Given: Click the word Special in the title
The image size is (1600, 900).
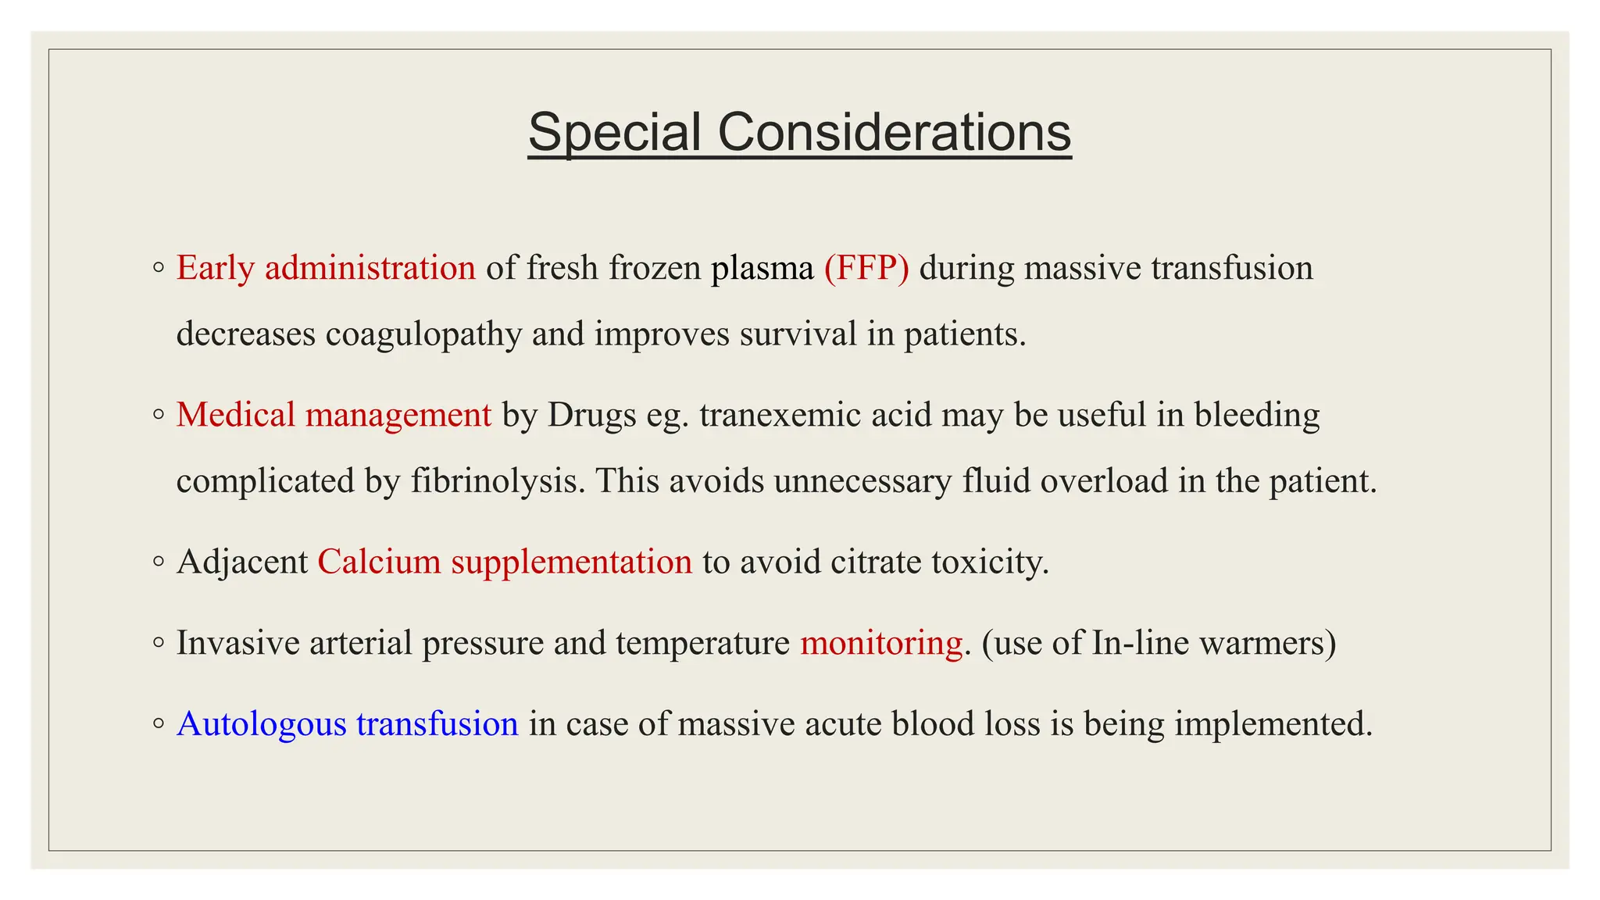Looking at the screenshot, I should pos(614,132).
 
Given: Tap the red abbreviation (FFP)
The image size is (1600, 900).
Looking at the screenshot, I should pos(866,268).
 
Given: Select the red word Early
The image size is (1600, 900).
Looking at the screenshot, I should pos(216,268).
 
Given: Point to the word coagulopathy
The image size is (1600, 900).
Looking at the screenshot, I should pos(423,334).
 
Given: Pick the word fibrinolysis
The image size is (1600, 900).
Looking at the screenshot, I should pos(498,480).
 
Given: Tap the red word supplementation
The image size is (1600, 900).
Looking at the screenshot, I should pos(571,562).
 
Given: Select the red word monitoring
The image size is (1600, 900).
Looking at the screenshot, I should pos(881,643).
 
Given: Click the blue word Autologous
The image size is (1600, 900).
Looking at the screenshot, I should pos(262,724).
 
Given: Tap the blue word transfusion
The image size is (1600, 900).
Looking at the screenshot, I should pos(437,724).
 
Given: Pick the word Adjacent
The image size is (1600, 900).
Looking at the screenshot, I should pos(242,562).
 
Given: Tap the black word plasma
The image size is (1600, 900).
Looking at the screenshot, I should pos(762,268).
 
